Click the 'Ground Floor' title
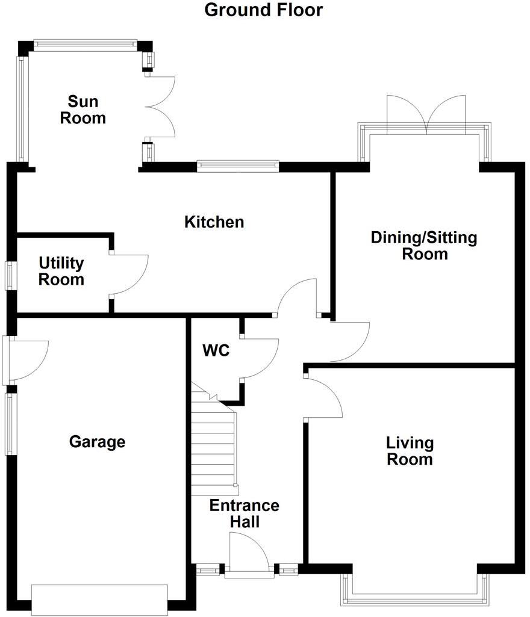264,10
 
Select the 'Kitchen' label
214,222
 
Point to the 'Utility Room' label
61,271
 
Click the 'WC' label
216,350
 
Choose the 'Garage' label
98,442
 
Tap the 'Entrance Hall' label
245,513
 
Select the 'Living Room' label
410,451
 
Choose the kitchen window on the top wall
238,166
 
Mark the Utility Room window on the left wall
11,276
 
